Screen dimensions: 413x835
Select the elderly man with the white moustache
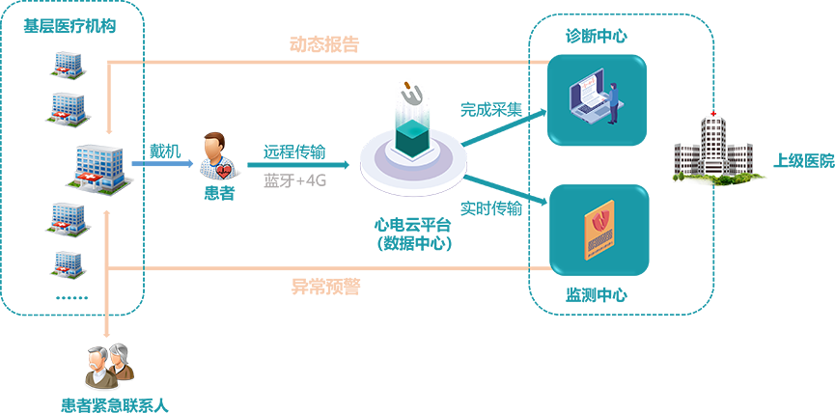[100, 364]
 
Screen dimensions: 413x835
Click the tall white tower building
[712, 145]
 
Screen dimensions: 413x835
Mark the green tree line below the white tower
[714, 179]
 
